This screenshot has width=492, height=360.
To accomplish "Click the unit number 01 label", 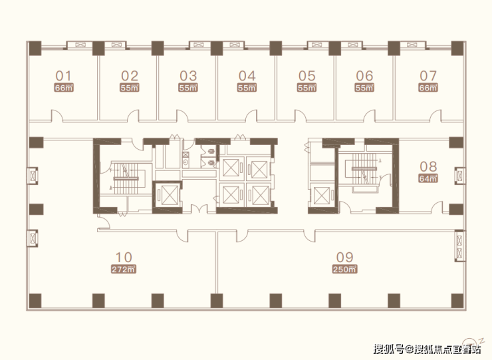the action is coord(63,76).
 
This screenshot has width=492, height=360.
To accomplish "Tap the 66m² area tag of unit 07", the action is coord(428,88).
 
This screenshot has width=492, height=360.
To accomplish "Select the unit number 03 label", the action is coord(188,76).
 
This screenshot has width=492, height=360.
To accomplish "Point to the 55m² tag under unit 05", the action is coord(307,88).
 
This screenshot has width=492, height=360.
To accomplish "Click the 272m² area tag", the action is coord(124,270).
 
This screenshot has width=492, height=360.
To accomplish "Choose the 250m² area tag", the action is coord(345,270).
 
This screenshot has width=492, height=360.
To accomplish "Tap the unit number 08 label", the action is coord(428,166).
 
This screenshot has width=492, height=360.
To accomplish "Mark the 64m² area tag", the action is coord(428,178).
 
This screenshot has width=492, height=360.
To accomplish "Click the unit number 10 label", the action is coord(124,258).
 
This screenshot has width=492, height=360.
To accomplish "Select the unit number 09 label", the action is coord(345,258).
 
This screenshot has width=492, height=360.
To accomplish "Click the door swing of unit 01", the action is coord(57,115).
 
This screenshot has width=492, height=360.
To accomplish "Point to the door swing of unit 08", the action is coord(437,208).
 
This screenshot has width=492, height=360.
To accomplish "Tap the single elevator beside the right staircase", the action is coord(322,196).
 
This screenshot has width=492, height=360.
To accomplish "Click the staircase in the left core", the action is coord(126,178).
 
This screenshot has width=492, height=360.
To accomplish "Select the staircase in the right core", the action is coord(364,169).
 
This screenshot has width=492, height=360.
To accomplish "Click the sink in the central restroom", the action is coord(186,163).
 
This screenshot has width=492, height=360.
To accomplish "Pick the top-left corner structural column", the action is coord(35,49).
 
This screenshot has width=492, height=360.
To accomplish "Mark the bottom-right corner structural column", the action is coord(457,301).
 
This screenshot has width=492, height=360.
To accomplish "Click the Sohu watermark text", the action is coord(427,349).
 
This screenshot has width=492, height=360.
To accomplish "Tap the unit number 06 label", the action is coord(364,76).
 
